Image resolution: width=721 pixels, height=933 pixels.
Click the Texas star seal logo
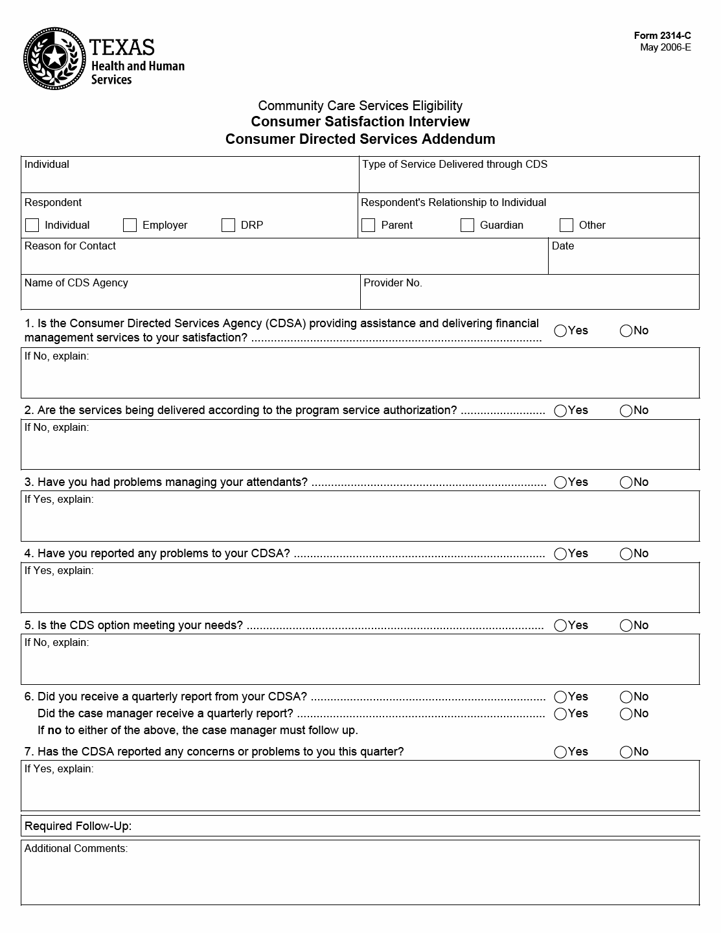pos(54,59)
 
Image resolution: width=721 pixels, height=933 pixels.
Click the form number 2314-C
pos(662,36)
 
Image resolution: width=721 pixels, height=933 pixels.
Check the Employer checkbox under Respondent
pos(130,225)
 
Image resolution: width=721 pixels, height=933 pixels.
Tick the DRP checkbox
pos(228,225)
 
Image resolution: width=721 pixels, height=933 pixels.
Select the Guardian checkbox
pos(467,225)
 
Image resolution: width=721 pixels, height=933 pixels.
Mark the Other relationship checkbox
pos(566,225)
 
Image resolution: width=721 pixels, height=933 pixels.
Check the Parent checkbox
pos(369,225)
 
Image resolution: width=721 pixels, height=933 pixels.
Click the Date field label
pos(563,246)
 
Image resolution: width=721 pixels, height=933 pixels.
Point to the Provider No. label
pos(393,283)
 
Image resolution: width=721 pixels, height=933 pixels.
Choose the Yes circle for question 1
pos(560,331)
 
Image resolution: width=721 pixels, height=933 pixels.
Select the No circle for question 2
pos(626,411)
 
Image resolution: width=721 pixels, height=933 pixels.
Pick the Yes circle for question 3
pos(560,483)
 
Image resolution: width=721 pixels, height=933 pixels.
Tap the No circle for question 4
pos(626,554)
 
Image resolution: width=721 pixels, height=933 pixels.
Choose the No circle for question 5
pos(626,626)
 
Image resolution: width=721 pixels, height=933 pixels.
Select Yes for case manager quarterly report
pos(560,714)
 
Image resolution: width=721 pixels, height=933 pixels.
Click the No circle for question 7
pos(626,752)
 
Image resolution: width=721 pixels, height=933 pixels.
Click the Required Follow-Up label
pos(78,826)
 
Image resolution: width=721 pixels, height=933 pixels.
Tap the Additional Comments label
pos(76,849)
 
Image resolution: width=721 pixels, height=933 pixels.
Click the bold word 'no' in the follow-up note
pos(54,730)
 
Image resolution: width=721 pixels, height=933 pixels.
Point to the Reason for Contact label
pos(70,246)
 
